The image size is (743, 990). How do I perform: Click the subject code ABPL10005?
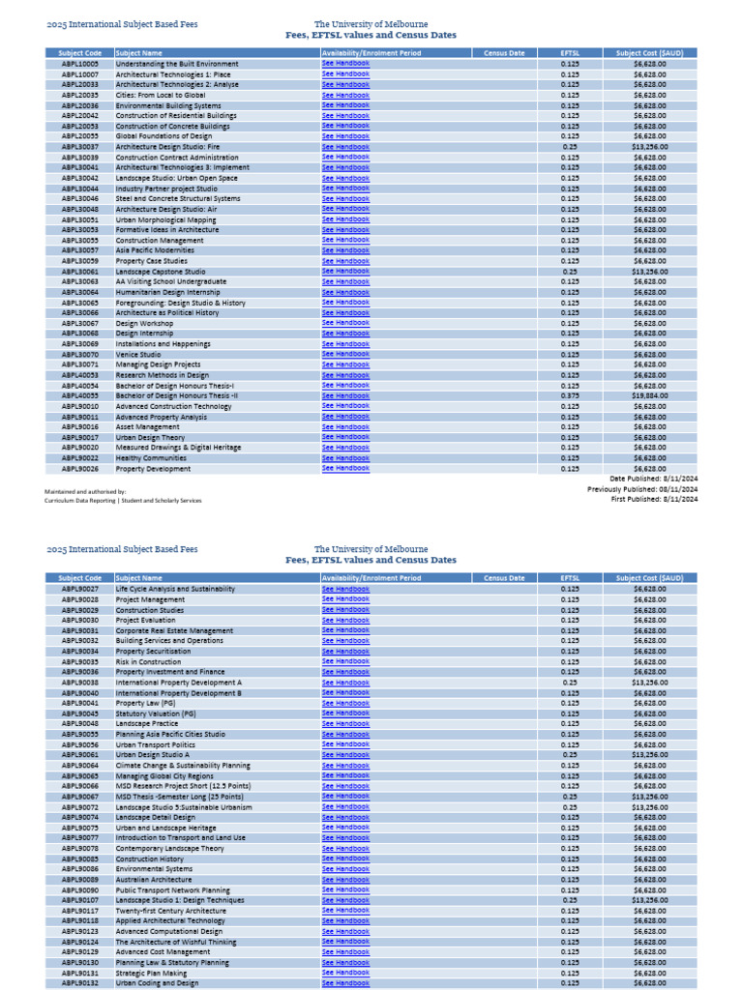pyautogui.click(x=79, y=64)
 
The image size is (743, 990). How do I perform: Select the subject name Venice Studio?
pyautogui.click(x=138, y=354)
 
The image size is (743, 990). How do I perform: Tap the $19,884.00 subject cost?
pyautogui.click(x=649, y=395)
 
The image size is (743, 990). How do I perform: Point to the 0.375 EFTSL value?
pyautogui.click(x=570, y=395)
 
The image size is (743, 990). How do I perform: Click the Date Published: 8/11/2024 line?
pyautogui.click(x=653, y=479)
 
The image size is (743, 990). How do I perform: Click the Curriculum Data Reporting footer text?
pyautogui.click(x=123, y=501)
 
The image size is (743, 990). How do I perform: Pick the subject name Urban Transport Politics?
pyautogui.click(x=155, y=744)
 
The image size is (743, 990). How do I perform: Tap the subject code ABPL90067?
pyautogui.click(x=79, y=797)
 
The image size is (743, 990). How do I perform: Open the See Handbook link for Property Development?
pyautogui.click(x=345, y=468)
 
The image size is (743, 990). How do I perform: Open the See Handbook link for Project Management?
pyautogui.click(x=345, y=599)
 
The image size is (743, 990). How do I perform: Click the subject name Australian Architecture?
pyautogui.click(x=154, y=880)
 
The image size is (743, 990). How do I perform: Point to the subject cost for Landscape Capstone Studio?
pyautogui.click(x=649, y=271)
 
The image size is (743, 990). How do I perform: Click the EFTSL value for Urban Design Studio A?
pyautogui.click(x=570, y=755)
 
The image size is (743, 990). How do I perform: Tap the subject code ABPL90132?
pyautogui.click(x=79, y=983)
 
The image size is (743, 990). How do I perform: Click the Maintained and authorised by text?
pyautogui.click(x=85, y=491)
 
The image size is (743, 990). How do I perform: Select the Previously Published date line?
pyautogui.click(x=641, y=489)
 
